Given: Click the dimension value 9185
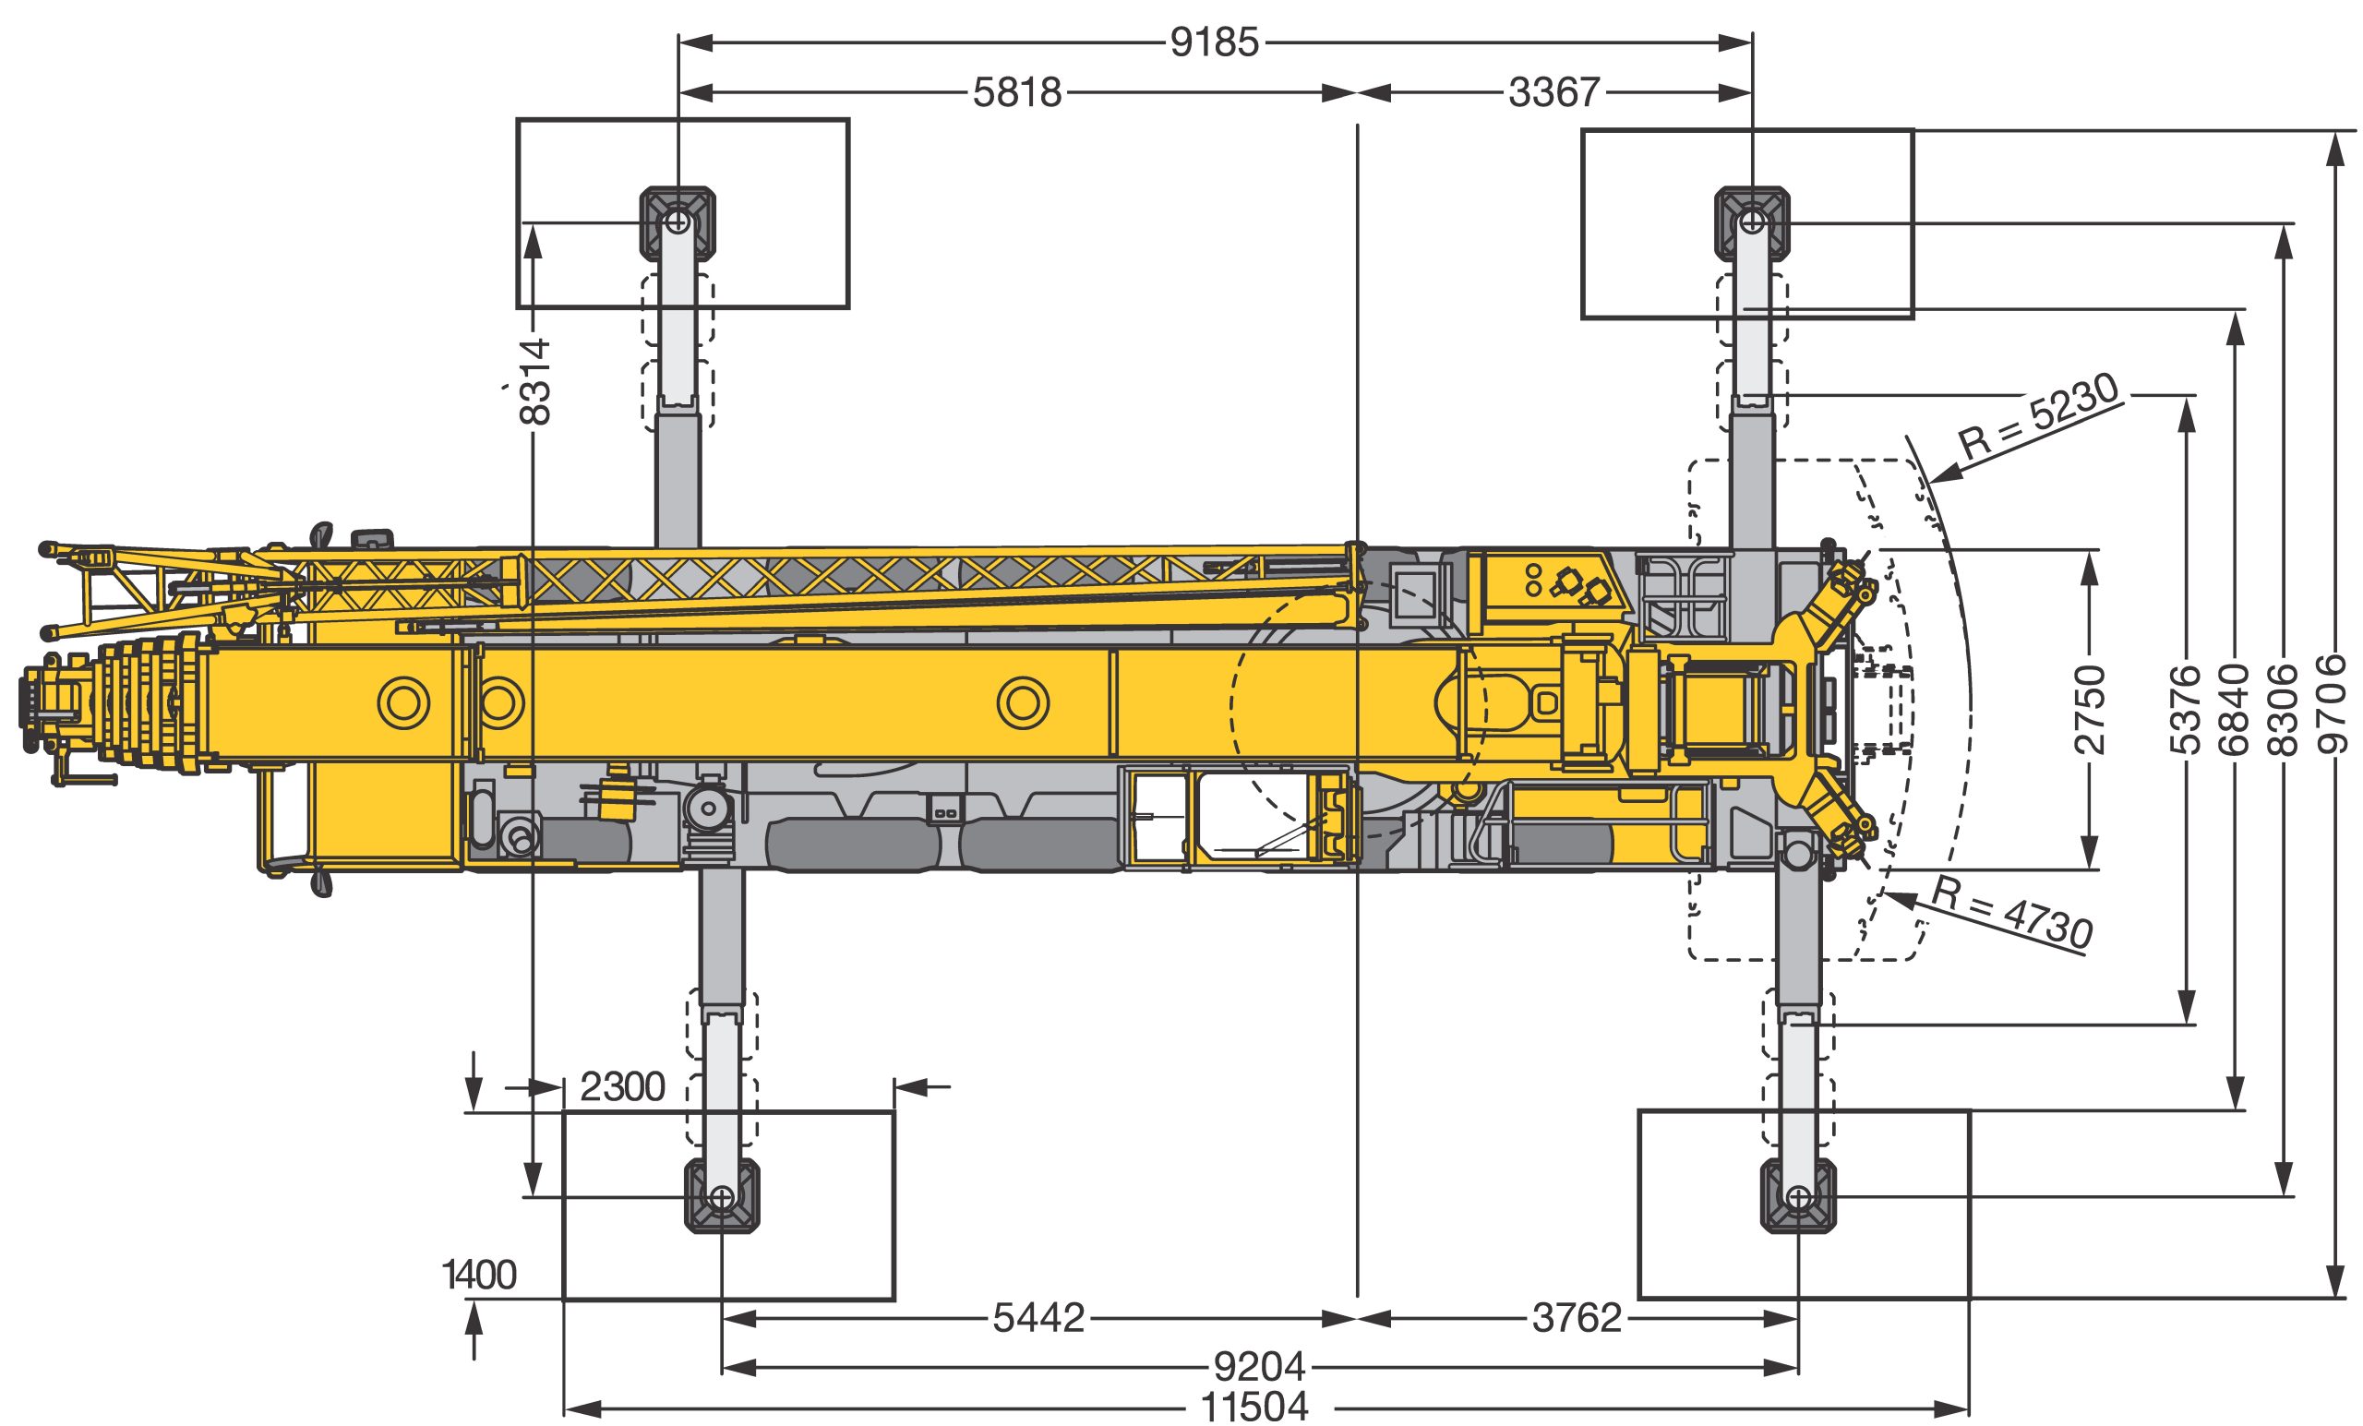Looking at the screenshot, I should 1214,43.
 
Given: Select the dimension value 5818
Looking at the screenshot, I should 1017,93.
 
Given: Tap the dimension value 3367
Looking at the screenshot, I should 1554,93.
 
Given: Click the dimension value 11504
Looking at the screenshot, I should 1254,1408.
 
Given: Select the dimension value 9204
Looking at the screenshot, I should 1259,1367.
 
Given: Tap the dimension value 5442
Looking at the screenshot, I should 1038,1319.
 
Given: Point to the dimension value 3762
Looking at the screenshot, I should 1577,1319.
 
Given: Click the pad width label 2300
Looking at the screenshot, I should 622,1087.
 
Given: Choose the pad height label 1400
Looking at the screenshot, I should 479,1276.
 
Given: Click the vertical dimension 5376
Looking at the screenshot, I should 2186,710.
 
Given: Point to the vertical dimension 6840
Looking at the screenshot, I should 2236,710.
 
